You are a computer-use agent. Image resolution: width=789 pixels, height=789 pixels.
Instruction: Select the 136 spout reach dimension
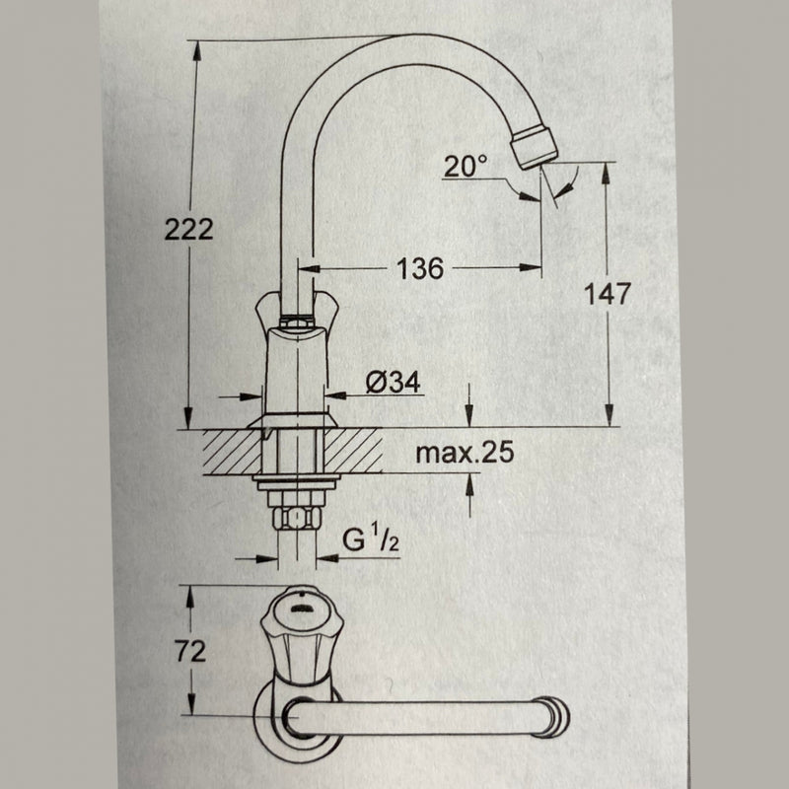point(419,267)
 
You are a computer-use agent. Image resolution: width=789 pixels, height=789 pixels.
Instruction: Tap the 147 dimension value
point(607,294)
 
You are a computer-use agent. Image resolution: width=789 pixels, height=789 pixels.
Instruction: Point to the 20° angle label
point(465,167)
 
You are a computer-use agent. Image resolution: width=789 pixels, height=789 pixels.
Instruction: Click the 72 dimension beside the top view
point(190,652)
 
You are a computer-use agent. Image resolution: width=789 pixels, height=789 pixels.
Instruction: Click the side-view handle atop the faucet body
point(296,314)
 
